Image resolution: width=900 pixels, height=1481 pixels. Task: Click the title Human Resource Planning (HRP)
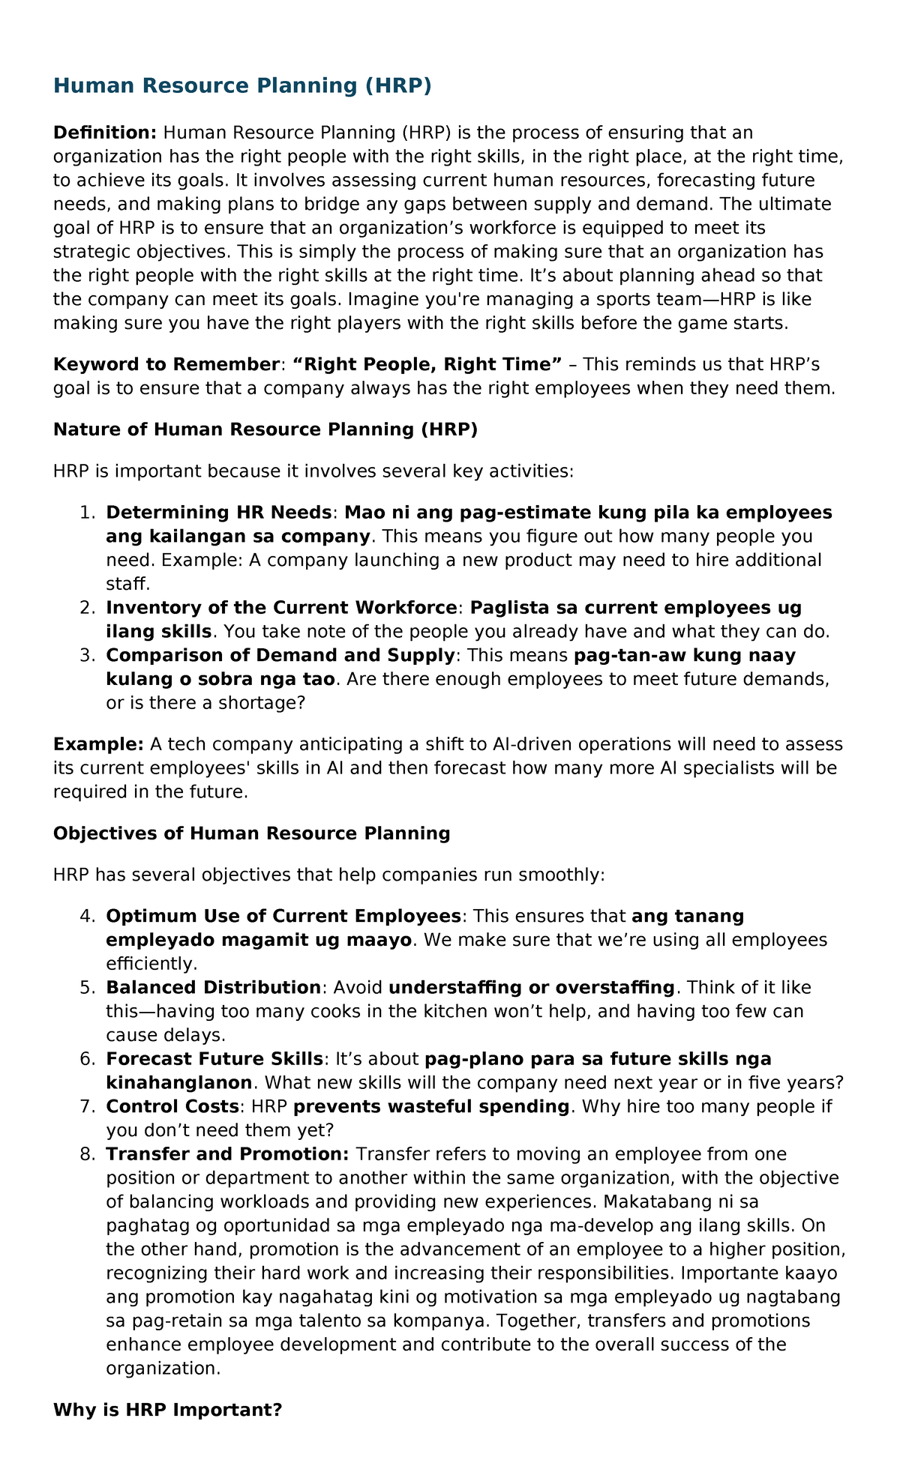(x=242, y=86)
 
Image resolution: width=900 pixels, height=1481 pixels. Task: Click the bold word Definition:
(x=104, y=133)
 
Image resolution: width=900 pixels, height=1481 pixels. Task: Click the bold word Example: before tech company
(x=98, y=744)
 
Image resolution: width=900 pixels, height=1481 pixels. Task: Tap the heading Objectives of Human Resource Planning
(x=252, y=833)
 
